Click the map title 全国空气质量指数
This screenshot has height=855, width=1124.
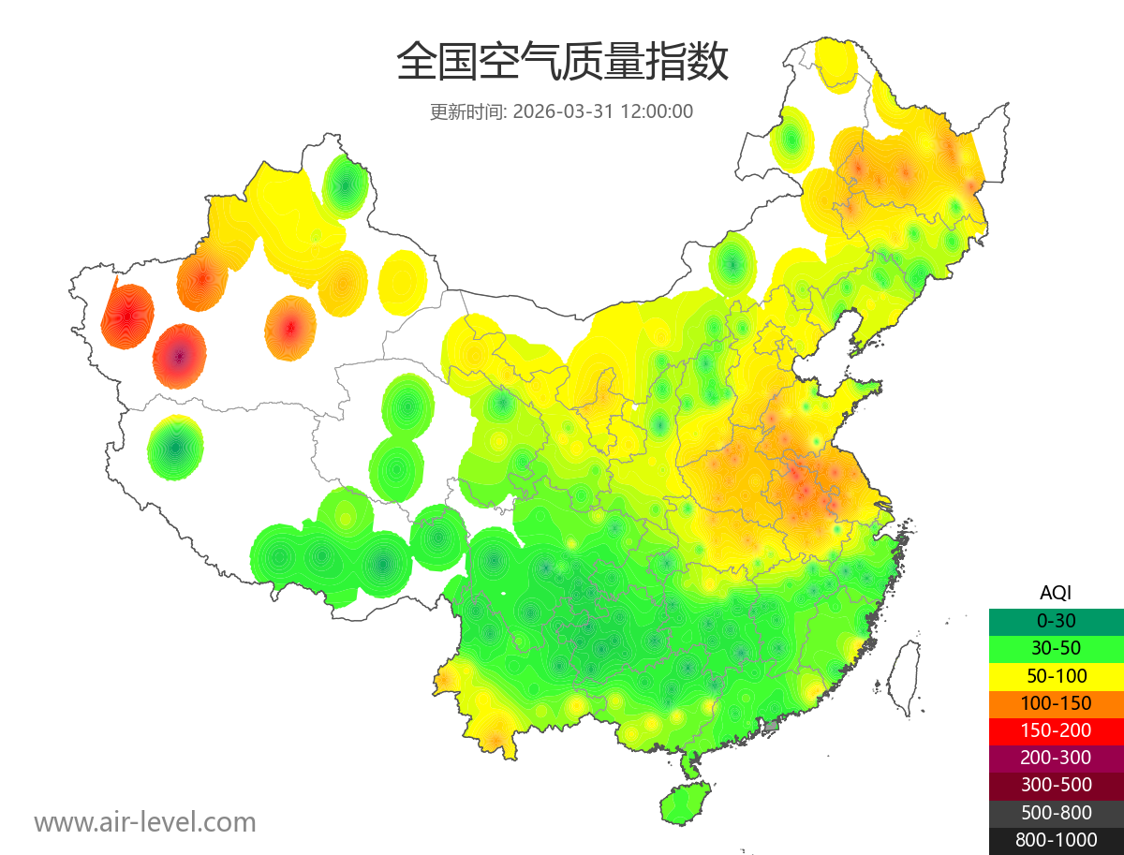click(562, 63)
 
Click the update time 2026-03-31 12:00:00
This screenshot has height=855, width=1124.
click(603, 111)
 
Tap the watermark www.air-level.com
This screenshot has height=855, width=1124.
click(145, 822)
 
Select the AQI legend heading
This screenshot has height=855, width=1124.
click(1056, 592)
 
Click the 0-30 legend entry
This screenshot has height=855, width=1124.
click(1056, 620)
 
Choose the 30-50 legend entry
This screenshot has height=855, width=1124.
click(1056, 647)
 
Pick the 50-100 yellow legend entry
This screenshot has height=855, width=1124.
click(1056, 675)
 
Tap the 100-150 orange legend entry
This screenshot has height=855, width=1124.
click(1056, 702)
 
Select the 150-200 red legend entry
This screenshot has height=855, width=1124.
click(1056, 730)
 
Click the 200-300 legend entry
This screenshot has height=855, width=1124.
click(1056, 758)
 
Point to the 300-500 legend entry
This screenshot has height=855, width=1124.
click(1056, 785)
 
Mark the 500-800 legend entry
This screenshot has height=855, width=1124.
click(1056, 813)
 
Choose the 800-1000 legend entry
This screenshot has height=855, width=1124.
click(1056, 840)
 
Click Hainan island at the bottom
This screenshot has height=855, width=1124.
click(685, 803)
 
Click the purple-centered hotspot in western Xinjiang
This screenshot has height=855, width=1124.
click(180, 356)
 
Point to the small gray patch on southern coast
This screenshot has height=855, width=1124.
click(772, 726)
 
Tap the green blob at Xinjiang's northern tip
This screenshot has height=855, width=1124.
click(345, 184)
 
